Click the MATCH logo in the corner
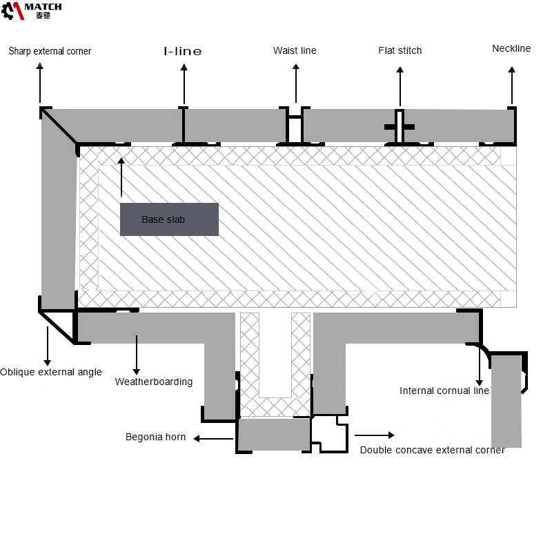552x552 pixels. tap(31, 11)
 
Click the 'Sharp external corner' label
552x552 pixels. tap(50, 51)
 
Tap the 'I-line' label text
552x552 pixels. tap(183, 51)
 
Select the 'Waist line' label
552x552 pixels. tap(295, 50)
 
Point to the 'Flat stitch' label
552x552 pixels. tap(400, 50)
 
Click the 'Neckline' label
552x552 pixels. tap(511, 48)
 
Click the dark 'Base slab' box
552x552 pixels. tap(169, 219)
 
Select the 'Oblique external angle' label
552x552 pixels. tap(51, 372)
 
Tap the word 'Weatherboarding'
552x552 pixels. tap(154, 382)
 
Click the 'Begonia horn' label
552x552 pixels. tap(156, 437)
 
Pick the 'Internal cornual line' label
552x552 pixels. tap(444, 391)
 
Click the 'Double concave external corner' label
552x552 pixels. tap(433, 450)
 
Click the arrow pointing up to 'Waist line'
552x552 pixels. tap(296, 83)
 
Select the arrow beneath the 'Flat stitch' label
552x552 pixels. tap(400, 86)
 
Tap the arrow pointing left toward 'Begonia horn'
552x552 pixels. tap(213, 439)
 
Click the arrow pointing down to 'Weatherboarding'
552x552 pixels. tap(137, 355)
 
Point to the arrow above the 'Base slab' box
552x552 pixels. tap(121, 177)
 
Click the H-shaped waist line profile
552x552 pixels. tap(295, 126)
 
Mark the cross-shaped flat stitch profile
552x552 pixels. tap(400, 127)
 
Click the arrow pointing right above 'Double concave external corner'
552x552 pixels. tap(375, 435)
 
